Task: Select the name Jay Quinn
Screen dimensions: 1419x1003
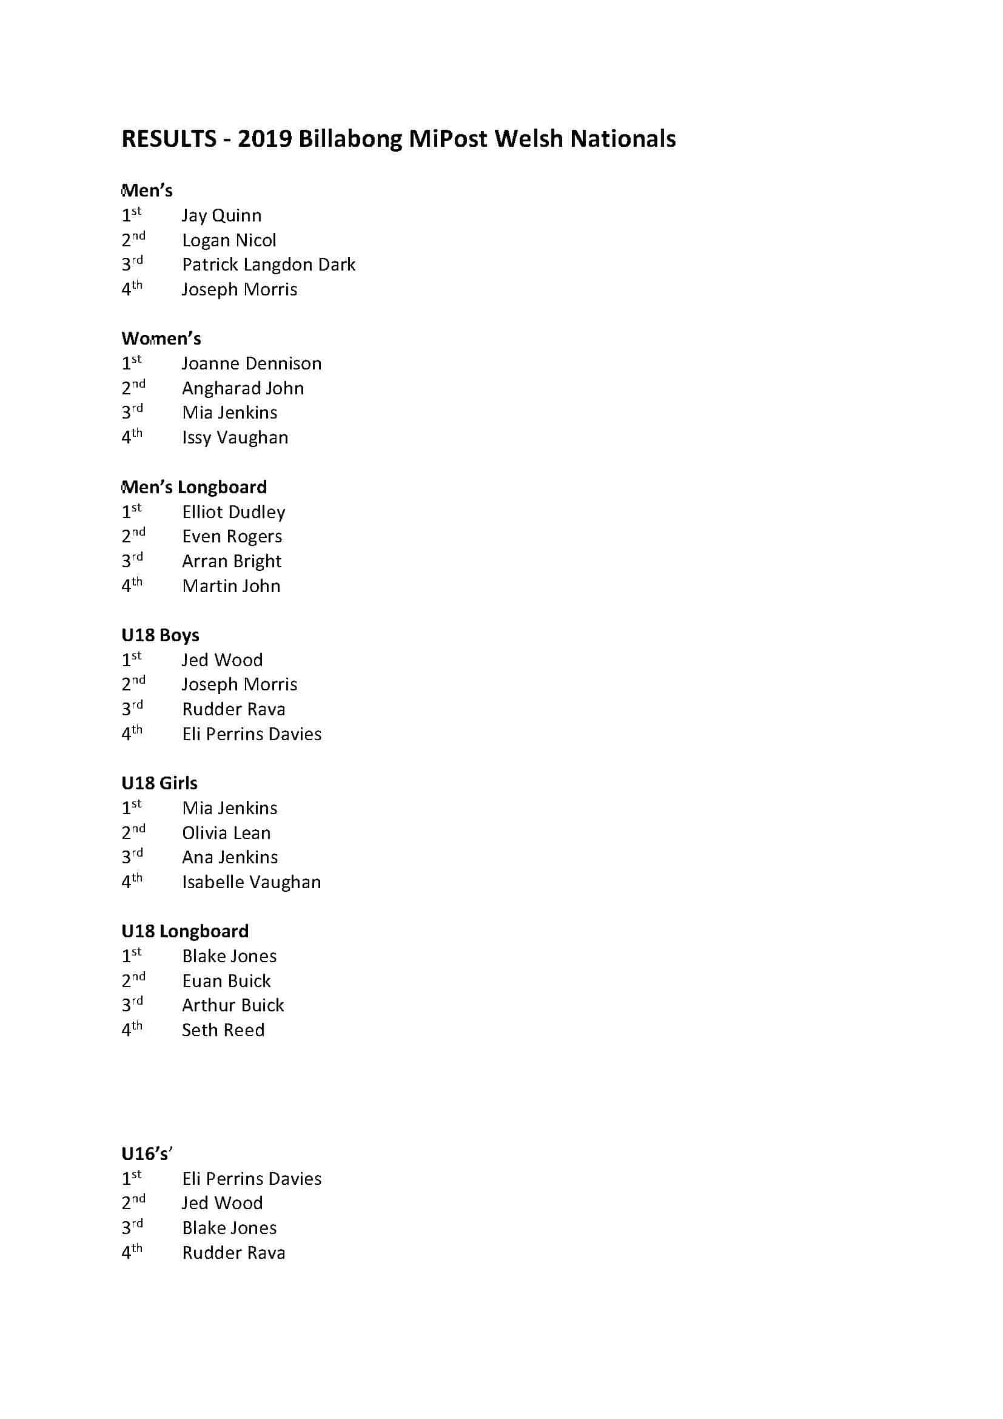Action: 221,216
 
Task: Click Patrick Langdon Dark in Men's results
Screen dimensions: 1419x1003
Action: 268,265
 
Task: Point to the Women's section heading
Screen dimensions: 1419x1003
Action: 161,339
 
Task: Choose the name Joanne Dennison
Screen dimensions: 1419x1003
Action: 252,363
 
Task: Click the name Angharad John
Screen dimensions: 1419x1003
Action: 243,388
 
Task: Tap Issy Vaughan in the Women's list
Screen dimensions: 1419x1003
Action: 235,437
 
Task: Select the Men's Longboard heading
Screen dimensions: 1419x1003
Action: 194,487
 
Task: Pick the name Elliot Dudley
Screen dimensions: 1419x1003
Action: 233,512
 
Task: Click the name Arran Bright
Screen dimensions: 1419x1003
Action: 232,561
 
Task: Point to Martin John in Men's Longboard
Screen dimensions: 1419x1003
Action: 231,586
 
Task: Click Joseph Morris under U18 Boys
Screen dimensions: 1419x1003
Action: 239,684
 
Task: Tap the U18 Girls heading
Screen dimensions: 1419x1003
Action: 159,783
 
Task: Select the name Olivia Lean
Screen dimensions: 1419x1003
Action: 226,832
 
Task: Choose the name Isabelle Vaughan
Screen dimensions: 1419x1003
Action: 252,882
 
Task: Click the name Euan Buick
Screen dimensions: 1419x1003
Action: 226,981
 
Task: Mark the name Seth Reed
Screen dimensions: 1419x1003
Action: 223,1030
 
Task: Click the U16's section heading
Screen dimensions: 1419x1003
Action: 146,1154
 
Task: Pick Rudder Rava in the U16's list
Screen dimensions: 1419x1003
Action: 233,1253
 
